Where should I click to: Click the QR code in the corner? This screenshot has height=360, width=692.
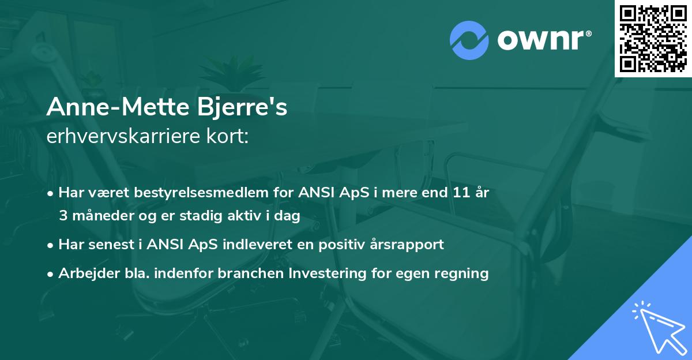point(653,39)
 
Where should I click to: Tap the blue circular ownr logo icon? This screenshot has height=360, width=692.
point(469,40)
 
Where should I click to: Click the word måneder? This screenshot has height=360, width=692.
point(101,215)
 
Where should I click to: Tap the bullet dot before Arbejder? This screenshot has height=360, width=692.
point(52,273)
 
